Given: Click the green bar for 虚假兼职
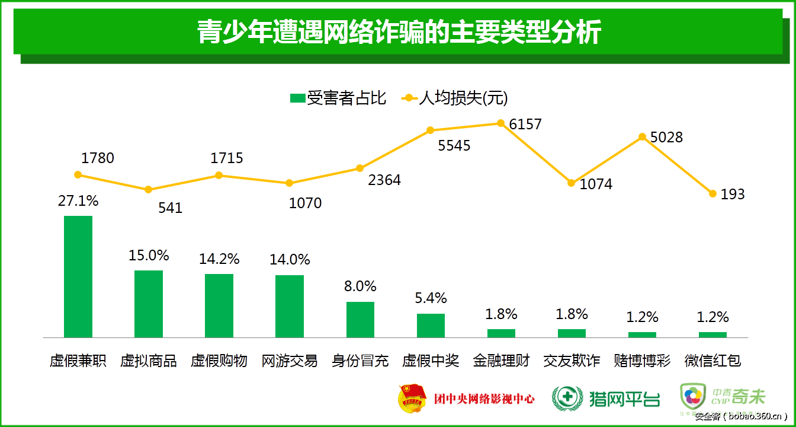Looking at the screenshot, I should tap(78, 276).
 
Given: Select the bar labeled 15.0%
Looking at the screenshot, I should tap(149, 304).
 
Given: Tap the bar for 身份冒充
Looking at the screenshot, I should tap(360, 320).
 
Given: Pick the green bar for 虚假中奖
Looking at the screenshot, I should tap(431, 326).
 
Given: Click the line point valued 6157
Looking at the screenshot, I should tap(500, 123).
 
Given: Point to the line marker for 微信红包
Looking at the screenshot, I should tap(712, 193).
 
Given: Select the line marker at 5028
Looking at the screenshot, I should tap(642, 137).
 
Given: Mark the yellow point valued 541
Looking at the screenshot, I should tap(149, 190).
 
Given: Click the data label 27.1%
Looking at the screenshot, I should tap(78, 201).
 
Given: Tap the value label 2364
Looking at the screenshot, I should tap(384, 180).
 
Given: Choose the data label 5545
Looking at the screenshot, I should tap(454, 145).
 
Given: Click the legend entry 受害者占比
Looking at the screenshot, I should tap(338, 98).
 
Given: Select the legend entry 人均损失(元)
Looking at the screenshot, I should tap(455, 98).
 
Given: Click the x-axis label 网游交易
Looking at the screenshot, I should tap(290, 361).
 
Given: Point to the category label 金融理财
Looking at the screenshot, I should tap(501, 361).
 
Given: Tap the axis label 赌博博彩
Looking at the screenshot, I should tap(642, 361).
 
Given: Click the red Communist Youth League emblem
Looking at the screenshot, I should tap(412, 398).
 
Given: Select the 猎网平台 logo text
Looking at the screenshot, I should tap(624, 398).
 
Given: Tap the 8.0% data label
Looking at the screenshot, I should tap(360, 286).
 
